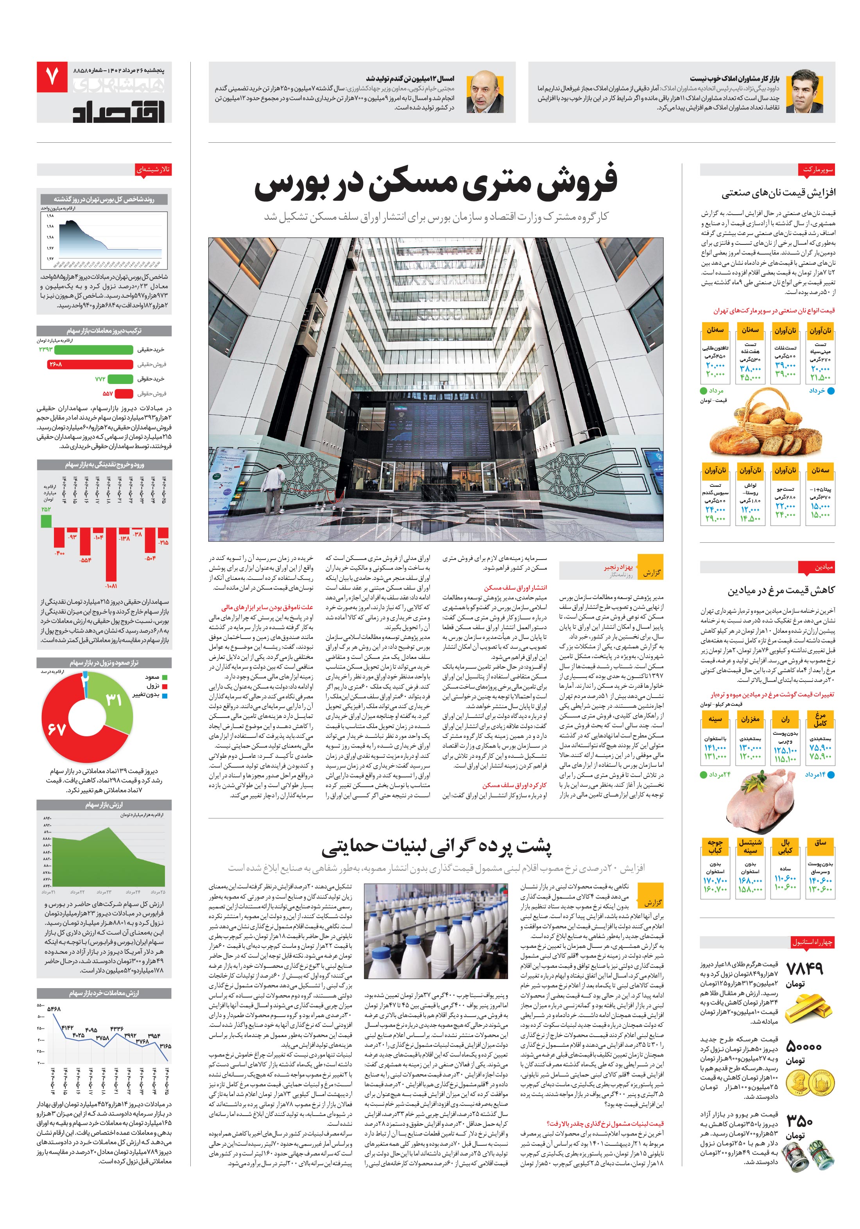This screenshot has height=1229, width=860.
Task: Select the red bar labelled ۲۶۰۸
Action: pyautogui.click(x=90, y=364)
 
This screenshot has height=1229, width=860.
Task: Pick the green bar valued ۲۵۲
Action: pyautogui.click(x=47, y=521)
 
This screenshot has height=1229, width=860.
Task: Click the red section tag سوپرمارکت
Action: pyautogui.click(x=818, y=170)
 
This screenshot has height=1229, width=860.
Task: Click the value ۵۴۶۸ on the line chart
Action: pyautogui.click(x=54, y=1009)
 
